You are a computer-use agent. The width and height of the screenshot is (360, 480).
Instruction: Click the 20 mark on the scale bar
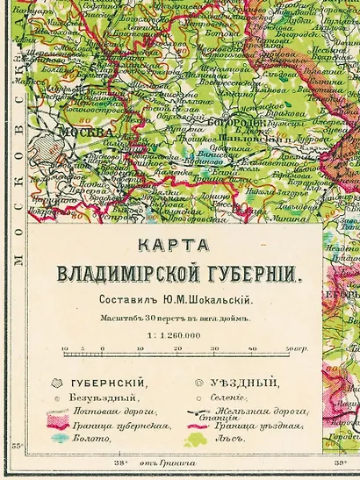(177, 349)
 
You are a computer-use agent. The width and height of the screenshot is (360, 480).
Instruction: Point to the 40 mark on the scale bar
(252, 349)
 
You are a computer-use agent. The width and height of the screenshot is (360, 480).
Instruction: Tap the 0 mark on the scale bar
(102, 349)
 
